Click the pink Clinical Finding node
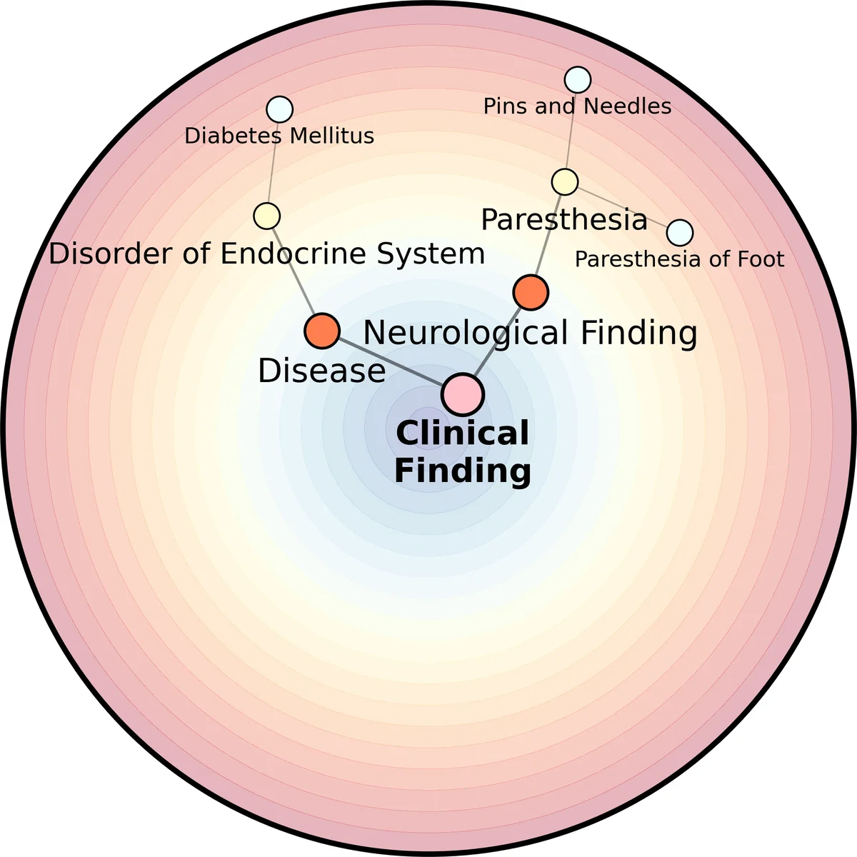coord(463,394)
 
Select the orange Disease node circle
coord(322,331)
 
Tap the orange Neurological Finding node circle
coord(531,291)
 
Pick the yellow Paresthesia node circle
coord(565,182)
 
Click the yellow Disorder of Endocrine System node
coord(267,216)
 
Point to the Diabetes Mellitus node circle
coord(279,109)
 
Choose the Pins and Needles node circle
coord(578,80)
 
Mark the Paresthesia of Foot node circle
coord(680,232)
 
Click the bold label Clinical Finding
coord(463,452)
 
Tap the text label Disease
coord(321,371)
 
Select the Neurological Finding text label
coord(530,333)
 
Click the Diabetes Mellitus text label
coord(279,136)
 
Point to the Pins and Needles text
coord(577,106)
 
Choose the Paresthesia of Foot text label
coord(679,259)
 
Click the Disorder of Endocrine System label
coord(266,254)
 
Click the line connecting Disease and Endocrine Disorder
coord(294,271)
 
